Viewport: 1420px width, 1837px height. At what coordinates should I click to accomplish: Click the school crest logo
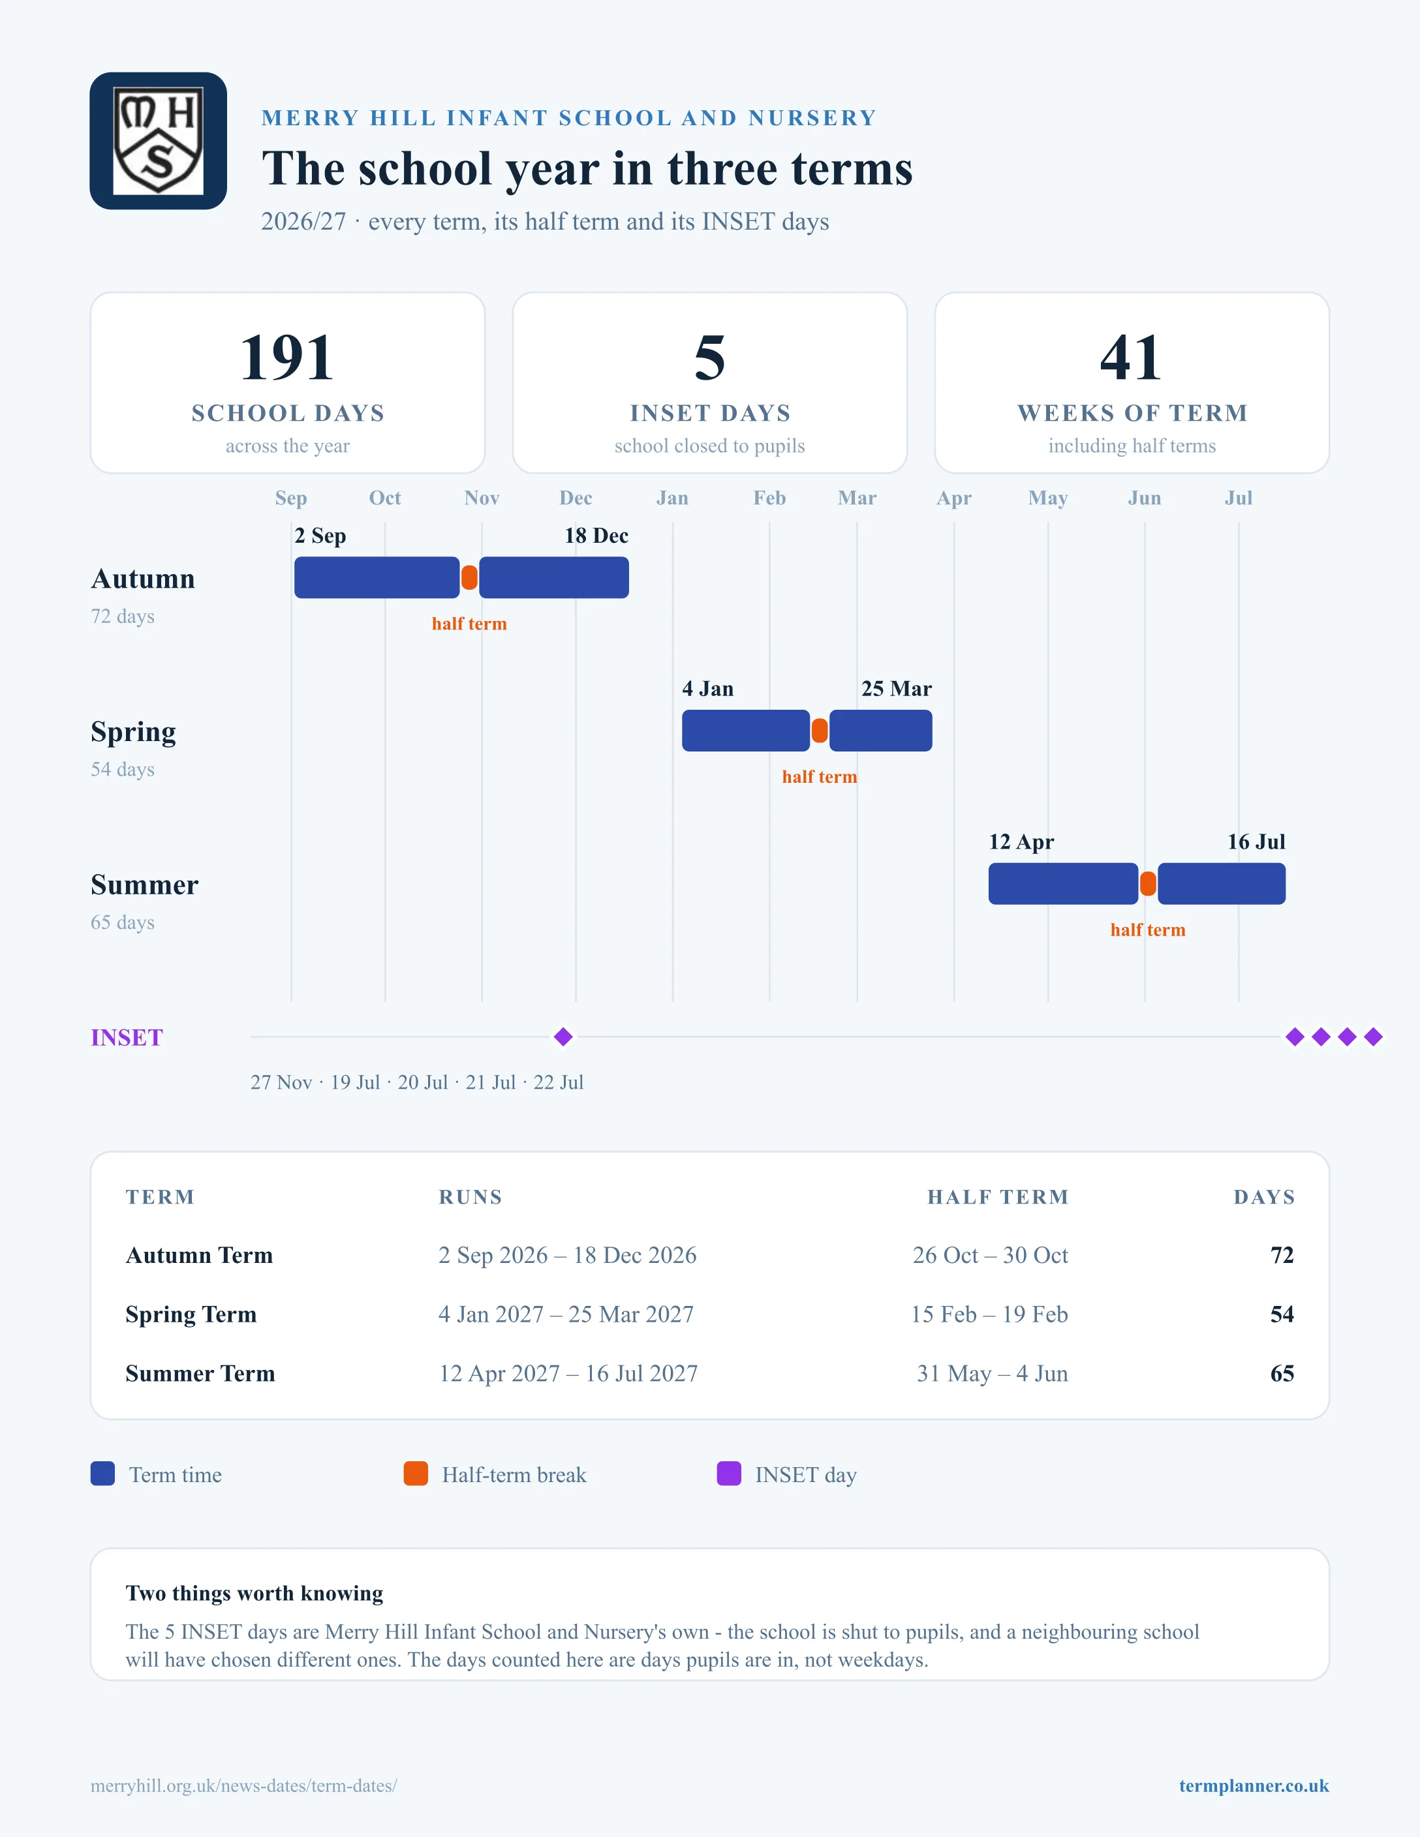[158, 140]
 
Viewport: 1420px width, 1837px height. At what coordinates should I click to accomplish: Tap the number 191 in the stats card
[287, 357]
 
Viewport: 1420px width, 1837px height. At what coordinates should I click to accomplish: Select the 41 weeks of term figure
[1132, 357]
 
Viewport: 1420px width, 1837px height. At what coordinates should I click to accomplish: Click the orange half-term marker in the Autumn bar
[469, 578]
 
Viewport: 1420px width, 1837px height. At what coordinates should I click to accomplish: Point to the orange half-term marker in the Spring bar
[820, 731]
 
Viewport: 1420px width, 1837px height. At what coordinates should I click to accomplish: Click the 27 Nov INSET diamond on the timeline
[564, 1037]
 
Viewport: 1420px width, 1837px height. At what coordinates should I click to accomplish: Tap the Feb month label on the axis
[770, 498]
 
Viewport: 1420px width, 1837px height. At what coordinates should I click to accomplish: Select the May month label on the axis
[1048, 498]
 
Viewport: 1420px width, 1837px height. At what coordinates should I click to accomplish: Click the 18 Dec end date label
[596, 536]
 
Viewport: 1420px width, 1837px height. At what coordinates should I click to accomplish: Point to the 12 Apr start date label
[1021, 842]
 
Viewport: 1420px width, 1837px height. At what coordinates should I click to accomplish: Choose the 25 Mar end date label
[897, 689]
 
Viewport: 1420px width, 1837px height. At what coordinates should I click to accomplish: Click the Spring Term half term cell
[989, 1314]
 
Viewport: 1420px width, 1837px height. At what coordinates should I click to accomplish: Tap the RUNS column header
[471, 1197]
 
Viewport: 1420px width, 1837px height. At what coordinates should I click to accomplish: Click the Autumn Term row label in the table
[200, 1255]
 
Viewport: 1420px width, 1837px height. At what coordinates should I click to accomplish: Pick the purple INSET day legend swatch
[728, 1474]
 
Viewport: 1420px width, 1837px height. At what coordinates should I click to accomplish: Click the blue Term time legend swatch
[102, 1474]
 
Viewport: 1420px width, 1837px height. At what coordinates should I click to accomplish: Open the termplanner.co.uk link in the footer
[1254, 1785]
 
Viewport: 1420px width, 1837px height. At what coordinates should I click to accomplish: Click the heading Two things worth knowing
[254, 1593]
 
